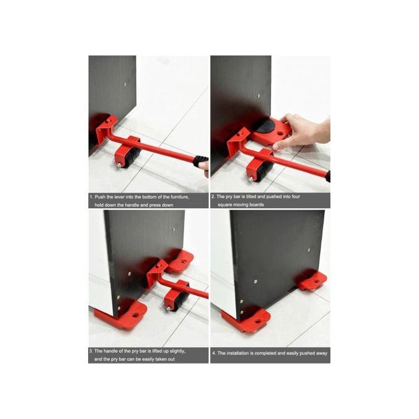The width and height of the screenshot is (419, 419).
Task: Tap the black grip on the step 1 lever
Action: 200,162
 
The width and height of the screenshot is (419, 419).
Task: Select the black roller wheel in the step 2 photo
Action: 261,171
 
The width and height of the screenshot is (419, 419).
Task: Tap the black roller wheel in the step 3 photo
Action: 177,301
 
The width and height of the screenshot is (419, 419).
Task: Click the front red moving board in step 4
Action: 247,320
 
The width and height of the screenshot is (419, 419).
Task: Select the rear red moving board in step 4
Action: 312,281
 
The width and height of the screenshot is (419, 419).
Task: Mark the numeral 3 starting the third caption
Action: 91,351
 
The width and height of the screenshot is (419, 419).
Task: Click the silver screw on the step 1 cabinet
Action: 125,85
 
